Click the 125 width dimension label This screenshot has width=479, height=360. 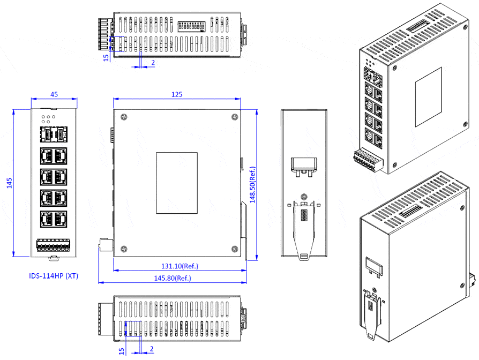point(177,94)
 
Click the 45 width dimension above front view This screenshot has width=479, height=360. point(54,94)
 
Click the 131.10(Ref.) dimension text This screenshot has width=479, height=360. point(179,266)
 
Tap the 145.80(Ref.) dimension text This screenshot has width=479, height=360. point(173,278)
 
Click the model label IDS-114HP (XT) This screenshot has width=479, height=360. point(54,276)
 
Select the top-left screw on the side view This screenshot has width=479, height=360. point(124,117)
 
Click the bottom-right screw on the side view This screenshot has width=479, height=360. point(234,248)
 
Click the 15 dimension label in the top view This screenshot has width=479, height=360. point(106,56)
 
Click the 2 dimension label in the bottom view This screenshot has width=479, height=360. point(152,349)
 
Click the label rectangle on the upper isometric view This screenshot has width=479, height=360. point(429,97)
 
